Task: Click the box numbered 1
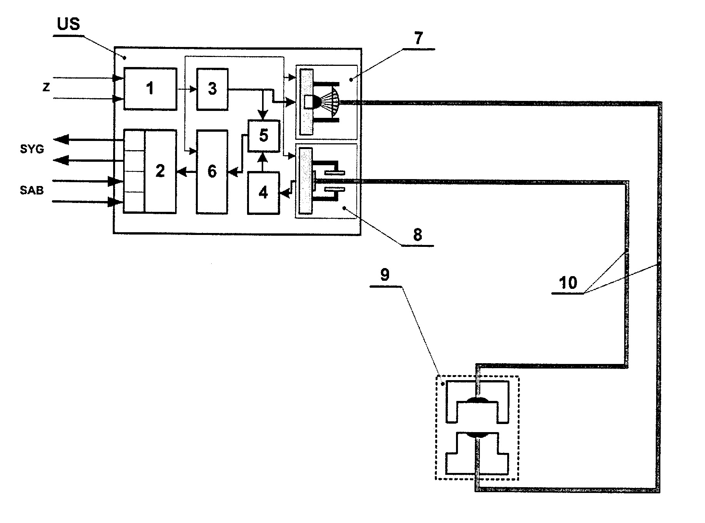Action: (150, 89)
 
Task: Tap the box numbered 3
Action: (212, 89)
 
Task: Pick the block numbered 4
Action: (263, 193)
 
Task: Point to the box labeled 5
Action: (264, 136)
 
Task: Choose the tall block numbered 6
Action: (212, 172)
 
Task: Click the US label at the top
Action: (68, 24)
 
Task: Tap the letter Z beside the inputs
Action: (46, 88)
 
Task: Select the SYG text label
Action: (32, 149)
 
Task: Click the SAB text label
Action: (32, 190)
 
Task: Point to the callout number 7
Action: (418, 38)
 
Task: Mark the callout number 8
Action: (418, 235)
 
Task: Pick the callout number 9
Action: (385, 275)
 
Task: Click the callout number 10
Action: (568, 283)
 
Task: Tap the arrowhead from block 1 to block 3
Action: (194, 89)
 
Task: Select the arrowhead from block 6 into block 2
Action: (181, 172)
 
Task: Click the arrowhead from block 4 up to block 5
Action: (264, 156)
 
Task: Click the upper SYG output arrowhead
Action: (61, 139)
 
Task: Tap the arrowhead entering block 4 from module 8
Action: (284, 195)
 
